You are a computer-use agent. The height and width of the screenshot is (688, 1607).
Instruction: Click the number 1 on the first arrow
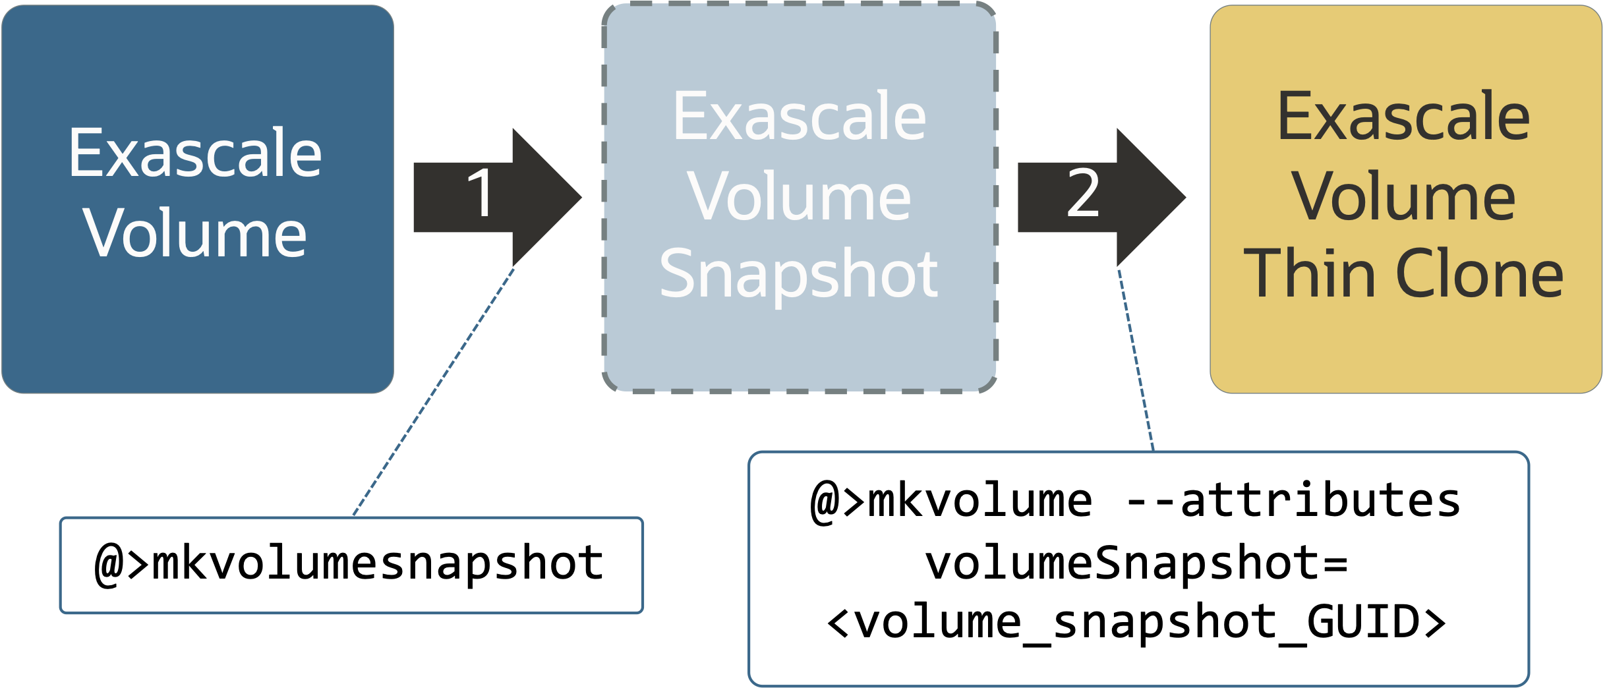[481, 193]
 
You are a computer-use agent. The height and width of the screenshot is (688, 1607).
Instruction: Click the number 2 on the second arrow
[1083, 193]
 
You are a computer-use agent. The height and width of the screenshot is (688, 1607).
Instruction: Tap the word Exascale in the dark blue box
[195, 154]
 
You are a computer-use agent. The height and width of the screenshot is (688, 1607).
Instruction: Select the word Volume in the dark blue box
[195, 233]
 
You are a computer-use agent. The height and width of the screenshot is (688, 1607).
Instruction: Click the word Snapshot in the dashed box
[798, 274]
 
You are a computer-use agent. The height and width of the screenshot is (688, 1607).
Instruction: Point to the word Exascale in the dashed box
[799, 117]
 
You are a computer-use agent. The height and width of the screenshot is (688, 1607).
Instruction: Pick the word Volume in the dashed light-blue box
[799, 196]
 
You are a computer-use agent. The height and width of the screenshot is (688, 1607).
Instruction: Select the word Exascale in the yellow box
[1403, 117]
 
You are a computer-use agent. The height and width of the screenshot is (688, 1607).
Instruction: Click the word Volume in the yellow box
[1403, 196]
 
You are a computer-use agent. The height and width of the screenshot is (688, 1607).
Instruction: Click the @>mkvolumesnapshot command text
[349, 564]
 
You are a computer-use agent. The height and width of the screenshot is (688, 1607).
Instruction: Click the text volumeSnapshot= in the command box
[1137, 564]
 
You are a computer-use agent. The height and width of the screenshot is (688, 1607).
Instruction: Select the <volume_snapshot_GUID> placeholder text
[1137, 622]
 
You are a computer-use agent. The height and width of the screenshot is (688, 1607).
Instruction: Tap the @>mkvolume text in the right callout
[952, 501]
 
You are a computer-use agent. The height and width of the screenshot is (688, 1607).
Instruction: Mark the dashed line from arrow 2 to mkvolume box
[1136, 359]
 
